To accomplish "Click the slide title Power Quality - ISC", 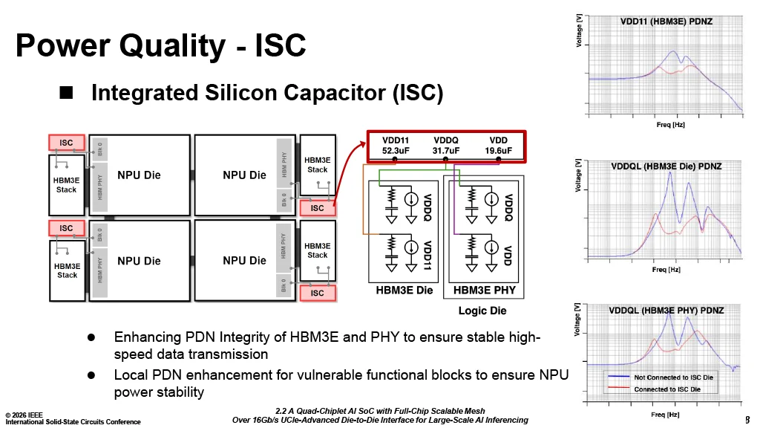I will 161,46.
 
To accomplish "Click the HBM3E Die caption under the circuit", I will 404,290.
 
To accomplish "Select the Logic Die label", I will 482,311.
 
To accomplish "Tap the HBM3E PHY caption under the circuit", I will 483,290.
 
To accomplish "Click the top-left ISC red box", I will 66,142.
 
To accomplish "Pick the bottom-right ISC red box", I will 317,293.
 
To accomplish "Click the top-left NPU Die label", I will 139,175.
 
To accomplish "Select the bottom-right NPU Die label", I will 244,261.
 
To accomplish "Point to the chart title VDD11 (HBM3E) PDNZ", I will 666,22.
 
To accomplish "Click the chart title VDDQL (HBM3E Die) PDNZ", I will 666,166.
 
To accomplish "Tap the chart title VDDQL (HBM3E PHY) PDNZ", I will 666,310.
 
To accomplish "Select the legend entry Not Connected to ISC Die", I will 673,377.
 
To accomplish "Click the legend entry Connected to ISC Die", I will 666,389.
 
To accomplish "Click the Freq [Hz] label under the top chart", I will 670,125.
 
